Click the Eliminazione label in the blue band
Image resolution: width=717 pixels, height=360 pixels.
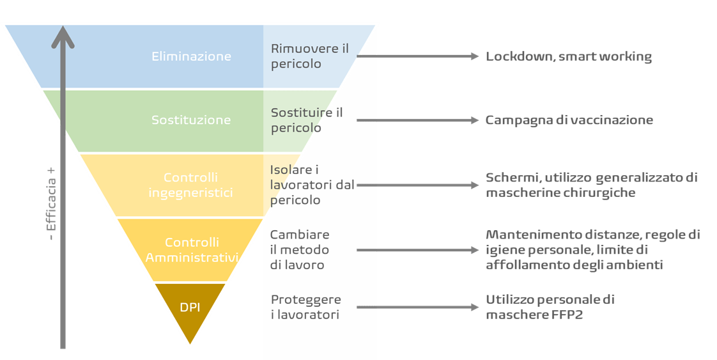click(191, 56)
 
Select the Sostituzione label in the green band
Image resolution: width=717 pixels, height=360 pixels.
click(191, 120)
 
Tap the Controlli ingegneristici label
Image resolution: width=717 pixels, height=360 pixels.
click(190, 185)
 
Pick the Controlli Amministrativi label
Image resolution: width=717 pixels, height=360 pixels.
click(192, 250)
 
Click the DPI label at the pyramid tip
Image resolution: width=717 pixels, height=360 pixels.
click(190, 308)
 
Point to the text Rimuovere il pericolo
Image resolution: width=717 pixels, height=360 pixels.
click(310, 56)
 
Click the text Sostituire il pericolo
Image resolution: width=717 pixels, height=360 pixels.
click(307, 120)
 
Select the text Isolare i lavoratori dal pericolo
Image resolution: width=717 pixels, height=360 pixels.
click(311, 185)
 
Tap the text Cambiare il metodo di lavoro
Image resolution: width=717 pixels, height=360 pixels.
click(300, 249)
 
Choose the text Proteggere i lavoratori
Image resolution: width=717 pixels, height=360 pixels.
click(306, 307)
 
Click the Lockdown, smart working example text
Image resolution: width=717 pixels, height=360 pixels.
click(568, 56)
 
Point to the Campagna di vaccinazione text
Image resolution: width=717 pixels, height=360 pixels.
click(569, 120)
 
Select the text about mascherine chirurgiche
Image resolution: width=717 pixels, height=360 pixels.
click(591, 185)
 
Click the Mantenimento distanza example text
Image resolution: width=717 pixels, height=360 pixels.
click(592, 250)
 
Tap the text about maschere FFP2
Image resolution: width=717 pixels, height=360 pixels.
click(550, 307)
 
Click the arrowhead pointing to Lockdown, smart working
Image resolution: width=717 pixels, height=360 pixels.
click(475, 56)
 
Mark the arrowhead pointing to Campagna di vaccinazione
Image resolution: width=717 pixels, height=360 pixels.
click(475, 120)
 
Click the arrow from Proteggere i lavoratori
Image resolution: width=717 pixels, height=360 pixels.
click(415, 307)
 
